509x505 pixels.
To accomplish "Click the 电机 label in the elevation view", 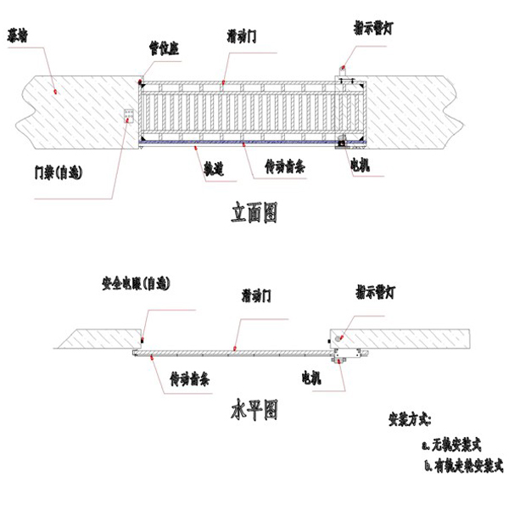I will point(361,167).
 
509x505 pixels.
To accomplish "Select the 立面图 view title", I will point(254,212).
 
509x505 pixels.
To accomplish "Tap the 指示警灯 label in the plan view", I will point(376,294).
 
